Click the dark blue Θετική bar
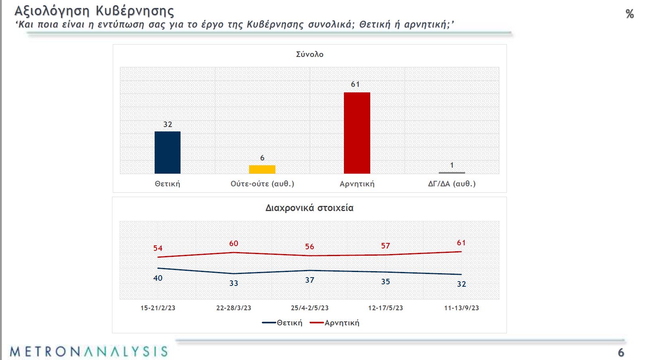(x=167, y=153)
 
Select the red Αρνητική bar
(x=357, y=133)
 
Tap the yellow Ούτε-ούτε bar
(x=262, y=169)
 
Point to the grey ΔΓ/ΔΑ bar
(x=452, y=173)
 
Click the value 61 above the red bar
(x=355, y=84)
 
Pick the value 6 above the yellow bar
(x=262, y=158)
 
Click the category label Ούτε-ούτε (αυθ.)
(x=262, y=184)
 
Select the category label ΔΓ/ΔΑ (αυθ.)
(x=452, y=184)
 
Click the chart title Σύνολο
(x=310, y=55)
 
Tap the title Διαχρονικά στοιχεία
(x=309, y=208)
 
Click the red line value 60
(x=234, y=244)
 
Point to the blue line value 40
(x=158, y=278)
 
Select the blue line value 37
(x=310, y=280)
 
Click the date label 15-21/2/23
(x=158, y=308)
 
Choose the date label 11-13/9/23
(x=461, y=308)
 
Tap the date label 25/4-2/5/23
(x=310, y=308)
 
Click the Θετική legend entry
(x=283, y=323)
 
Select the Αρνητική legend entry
(x=336, y=323)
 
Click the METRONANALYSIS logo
(x=88, y=351)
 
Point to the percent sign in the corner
(x=630, y=14)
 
